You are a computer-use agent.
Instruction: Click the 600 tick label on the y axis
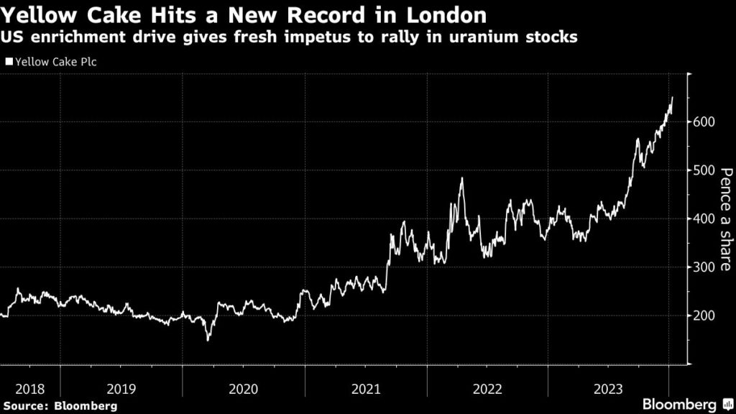[704, 122]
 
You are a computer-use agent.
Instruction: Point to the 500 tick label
[704, 170]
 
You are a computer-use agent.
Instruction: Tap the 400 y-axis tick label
[704, 219]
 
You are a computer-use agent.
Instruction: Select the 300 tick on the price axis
[704, 267]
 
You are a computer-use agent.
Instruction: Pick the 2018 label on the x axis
[29, 389]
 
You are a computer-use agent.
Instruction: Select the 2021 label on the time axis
[366, 389]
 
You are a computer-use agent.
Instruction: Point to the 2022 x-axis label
[488, 389]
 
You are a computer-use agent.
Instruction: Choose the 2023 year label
[609, 389]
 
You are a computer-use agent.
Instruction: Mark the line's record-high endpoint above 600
[672, 97]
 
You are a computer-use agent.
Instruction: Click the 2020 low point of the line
[208, 339]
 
